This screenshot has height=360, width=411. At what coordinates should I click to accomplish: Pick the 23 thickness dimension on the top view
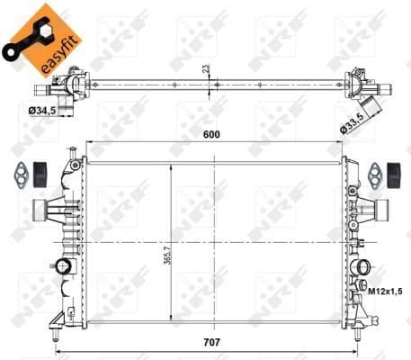point(205,68)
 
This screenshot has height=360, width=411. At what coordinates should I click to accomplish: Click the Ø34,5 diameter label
point(41,110)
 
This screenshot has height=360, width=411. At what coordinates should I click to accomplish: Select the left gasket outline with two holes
point(19,173)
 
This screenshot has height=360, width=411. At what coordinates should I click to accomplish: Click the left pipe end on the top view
point(40,89)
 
